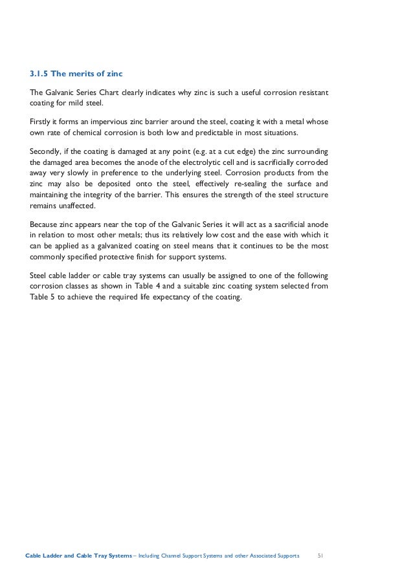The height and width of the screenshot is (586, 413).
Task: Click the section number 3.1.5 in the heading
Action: (x=40, y=73)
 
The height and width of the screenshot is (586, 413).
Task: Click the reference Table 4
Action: (x=148, y=287)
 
